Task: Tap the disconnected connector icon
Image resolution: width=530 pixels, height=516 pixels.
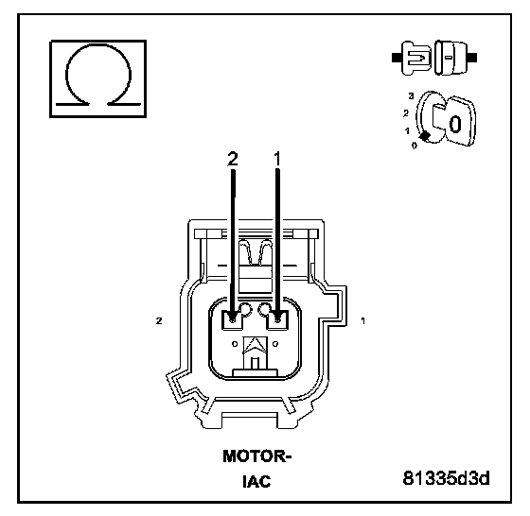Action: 434,58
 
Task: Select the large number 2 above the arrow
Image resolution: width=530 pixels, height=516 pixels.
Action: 233,159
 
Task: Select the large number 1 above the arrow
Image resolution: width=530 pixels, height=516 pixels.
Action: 277,159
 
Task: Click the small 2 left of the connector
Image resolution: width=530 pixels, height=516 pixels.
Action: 159,320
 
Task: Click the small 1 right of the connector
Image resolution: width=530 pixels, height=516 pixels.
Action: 363,320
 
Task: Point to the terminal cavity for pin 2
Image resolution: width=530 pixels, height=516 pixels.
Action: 232,319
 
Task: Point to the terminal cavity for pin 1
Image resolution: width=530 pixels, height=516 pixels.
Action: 278,319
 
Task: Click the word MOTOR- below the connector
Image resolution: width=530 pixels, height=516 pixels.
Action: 256,456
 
